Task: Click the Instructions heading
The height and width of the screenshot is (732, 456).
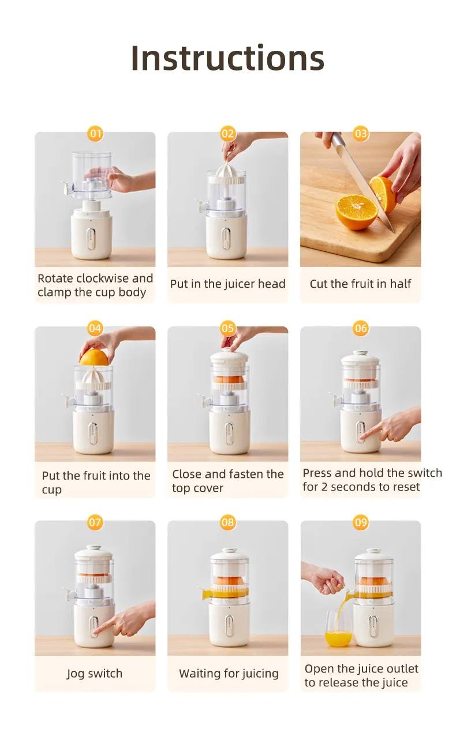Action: point(227,58)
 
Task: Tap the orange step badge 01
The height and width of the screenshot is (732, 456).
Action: point(95,134)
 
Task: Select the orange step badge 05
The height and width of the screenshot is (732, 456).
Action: point(228,329)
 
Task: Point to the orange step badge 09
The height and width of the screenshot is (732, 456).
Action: point(361,523)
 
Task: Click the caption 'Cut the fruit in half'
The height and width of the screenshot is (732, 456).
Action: point(360,284)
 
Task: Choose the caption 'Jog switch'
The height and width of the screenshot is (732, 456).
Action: point(95,673)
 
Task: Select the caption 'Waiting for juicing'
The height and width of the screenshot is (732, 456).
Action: point(229,673)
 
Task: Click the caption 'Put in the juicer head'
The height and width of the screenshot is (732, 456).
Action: point(227,284)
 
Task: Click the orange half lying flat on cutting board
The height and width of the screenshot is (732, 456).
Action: point(356,210)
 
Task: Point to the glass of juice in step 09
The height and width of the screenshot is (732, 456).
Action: point(338,630)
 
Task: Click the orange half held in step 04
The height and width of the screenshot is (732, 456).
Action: point(94,358)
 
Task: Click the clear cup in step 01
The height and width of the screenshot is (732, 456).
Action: point(92,173)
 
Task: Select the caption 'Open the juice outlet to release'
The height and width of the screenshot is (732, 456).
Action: point(361,675)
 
